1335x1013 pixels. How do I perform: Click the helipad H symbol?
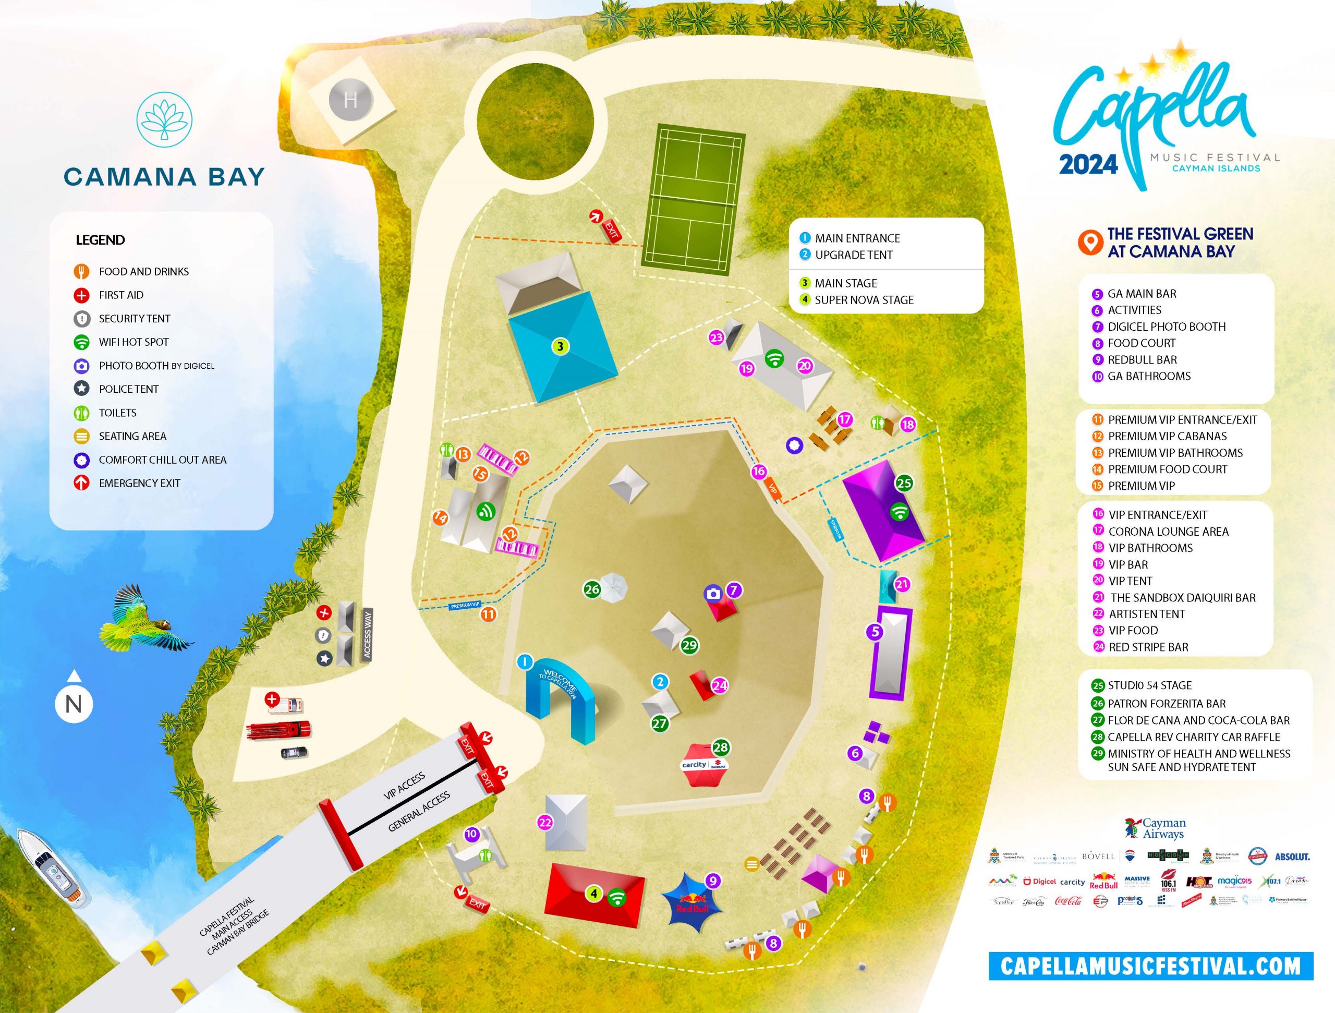pos(350,100)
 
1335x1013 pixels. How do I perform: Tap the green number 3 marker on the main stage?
pos(561,346)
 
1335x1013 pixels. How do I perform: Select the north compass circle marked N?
pos(74,704)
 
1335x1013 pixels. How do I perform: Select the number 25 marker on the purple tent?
pos(904,483)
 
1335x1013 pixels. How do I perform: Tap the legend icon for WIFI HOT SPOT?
pos(81,342)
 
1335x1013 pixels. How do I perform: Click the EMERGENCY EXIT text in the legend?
pos(139,483)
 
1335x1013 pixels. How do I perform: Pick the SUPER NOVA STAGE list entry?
pos(864,300)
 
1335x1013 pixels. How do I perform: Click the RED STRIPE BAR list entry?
pos(1148,647)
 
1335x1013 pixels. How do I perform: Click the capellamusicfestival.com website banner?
pos(1150,966)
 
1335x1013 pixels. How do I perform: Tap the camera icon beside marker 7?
pos(713,594)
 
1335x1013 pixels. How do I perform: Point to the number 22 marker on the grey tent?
pos(545,822)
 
